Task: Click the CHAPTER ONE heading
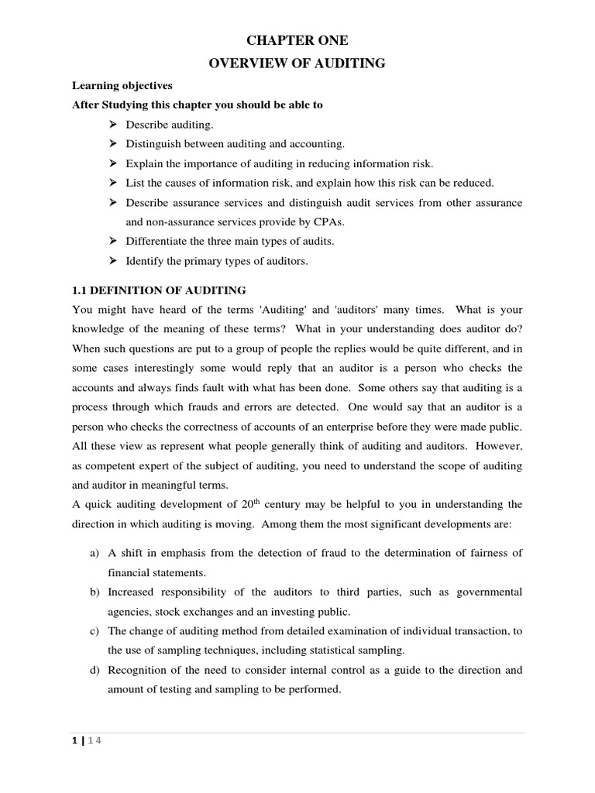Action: pyautogui.click(x=297, y=41)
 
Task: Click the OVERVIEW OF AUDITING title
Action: pyautogui.click(x=297, y=64)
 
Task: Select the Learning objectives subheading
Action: pyautogui.click(x=122, y=85)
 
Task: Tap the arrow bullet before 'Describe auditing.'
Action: pyautogui.click(x=112, y=124)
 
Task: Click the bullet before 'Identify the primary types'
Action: pyautogui.click(x=112, y=261)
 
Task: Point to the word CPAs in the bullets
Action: pyautogui.click(x=326, y=221)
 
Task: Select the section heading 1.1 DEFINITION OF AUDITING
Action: pyautogui.click(x=159, y=290)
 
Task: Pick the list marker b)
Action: pyautogui.click(x=92, y=592)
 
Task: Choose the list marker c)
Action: pyautogui.click(x=92, y=631)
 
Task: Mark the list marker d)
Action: pyautogui.click(x=92, y=670)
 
